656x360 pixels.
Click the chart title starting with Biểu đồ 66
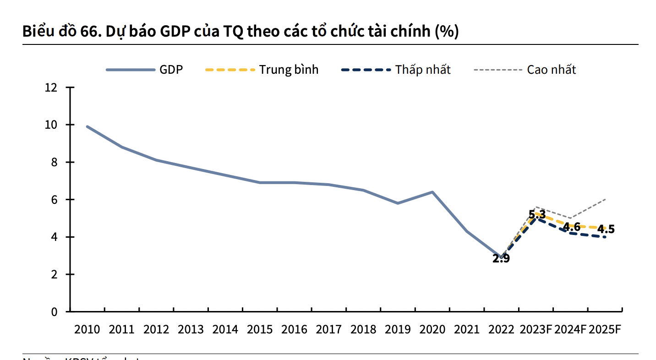240,32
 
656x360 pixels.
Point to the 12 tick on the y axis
51,87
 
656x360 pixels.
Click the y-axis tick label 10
51,125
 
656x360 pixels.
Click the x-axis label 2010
87,330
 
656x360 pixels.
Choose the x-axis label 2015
260,330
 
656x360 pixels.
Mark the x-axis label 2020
432,330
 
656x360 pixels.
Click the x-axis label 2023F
536,330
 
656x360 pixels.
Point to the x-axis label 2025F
605,330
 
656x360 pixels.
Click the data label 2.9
501,258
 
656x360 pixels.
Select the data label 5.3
537,214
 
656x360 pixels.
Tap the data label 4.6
572,226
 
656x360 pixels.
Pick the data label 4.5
606,229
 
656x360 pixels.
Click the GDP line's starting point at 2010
87,126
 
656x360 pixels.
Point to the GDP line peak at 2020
432,192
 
